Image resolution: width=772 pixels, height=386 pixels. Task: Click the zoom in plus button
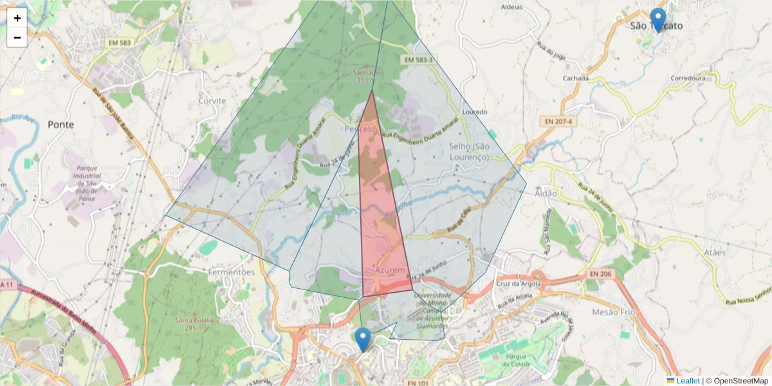pyautogui.click(x=17, y=18)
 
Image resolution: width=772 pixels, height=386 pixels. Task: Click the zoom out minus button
pyautogui.click(x=17, y=37)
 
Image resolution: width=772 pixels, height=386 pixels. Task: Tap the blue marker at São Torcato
pyautogui.click(x=657, y=20)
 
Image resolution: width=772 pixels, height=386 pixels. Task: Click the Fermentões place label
pyautogui.click(x=232, y=272)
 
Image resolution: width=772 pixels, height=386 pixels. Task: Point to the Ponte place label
pyautogui.click(x=60, y=124)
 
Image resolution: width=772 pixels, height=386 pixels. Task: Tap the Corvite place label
pyautogui.click(x=212, y=101)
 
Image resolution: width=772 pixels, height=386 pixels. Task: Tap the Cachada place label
pyautogui.click(x=575, y=78)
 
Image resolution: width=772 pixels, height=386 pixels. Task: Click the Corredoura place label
pyautogui.click(x=688, y=78)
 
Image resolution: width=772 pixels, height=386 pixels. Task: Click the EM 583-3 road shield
pyautogui.click(x=418, y=60)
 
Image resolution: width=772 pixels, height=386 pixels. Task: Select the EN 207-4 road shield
pyautogui.click(x=557, y=121)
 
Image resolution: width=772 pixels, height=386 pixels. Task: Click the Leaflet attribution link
pyautogui.click(x=687, y=381)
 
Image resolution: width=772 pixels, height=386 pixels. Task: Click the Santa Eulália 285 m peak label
pyautogui.click(x=193, y=324)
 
